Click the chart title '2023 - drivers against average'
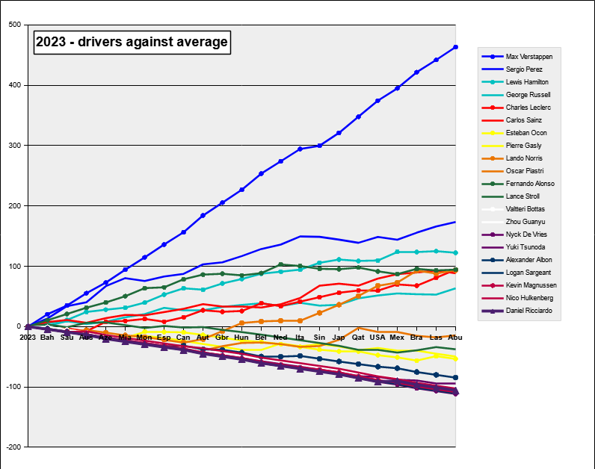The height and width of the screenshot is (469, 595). pos(132,43)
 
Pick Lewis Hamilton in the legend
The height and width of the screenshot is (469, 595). pos(527,82)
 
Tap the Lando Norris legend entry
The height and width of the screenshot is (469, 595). pos(524,158)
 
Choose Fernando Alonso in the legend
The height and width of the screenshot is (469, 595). pos(530,184)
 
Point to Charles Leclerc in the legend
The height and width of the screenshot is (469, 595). pos(528,108)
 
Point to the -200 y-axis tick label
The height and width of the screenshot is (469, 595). pos(13,447)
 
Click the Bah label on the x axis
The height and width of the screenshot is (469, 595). pos(47,338)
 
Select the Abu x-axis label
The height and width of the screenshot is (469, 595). pos(455,338)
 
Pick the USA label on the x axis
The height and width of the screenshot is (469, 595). pos(377,338)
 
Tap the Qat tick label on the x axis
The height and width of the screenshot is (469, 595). pos(358,338)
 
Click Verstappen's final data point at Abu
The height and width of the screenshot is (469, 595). pos(455,47)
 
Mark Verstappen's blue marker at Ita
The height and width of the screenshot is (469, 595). pos(300,149)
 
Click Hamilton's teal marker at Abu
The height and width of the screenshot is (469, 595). pos(455,252)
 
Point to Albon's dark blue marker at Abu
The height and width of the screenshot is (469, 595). pos(455,377)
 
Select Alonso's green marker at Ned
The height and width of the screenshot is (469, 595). pos(280,264)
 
